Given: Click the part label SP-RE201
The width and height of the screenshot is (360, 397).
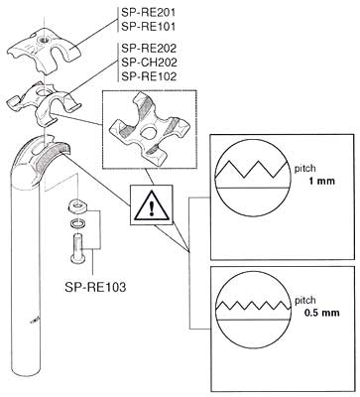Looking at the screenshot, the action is [148, 13].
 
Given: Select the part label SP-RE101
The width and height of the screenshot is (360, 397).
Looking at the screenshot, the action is [148, 27].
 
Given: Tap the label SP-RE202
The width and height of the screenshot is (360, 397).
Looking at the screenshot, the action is [149, 49].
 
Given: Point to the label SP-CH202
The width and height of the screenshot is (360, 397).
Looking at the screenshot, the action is [149, 63].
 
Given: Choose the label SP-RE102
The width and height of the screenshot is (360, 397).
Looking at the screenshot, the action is [149, 76].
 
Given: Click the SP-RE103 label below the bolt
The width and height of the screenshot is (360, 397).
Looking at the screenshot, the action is [95, 287].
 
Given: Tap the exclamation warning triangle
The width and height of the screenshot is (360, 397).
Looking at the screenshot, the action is [152, 205].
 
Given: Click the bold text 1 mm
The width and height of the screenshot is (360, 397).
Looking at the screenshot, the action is [321, 181].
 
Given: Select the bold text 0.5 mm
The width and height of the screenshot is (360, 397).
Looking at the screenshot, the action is [321, 313].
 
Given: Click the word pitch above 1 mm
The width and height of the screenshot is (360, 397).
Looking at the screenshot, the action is [304, 169].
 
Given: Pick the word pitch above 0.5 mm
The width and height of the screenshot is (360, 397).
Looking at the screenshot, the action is [304, 301].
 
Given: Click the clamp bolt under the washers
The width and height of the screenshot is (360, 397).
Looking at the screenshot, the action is [78, 248].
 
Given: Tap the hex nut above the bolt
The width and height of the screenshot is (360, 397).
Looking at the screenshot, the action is [77, 207].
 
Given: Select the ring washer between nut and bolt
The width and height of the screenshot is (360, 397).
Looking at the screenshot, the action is [77, 223].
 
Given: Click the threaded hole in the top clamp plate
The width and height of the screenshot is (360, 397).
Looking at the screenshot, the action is [43, 41].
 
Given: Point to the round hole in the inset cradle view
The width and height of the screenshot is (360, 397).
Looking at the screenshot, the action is [148, 132].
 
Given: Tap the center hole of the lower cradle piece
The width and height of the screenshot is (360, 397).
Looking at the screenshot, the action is [43, 93].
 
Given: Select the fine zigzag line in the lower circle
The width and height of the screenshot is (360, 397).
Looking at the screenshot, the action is [253, 306].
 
